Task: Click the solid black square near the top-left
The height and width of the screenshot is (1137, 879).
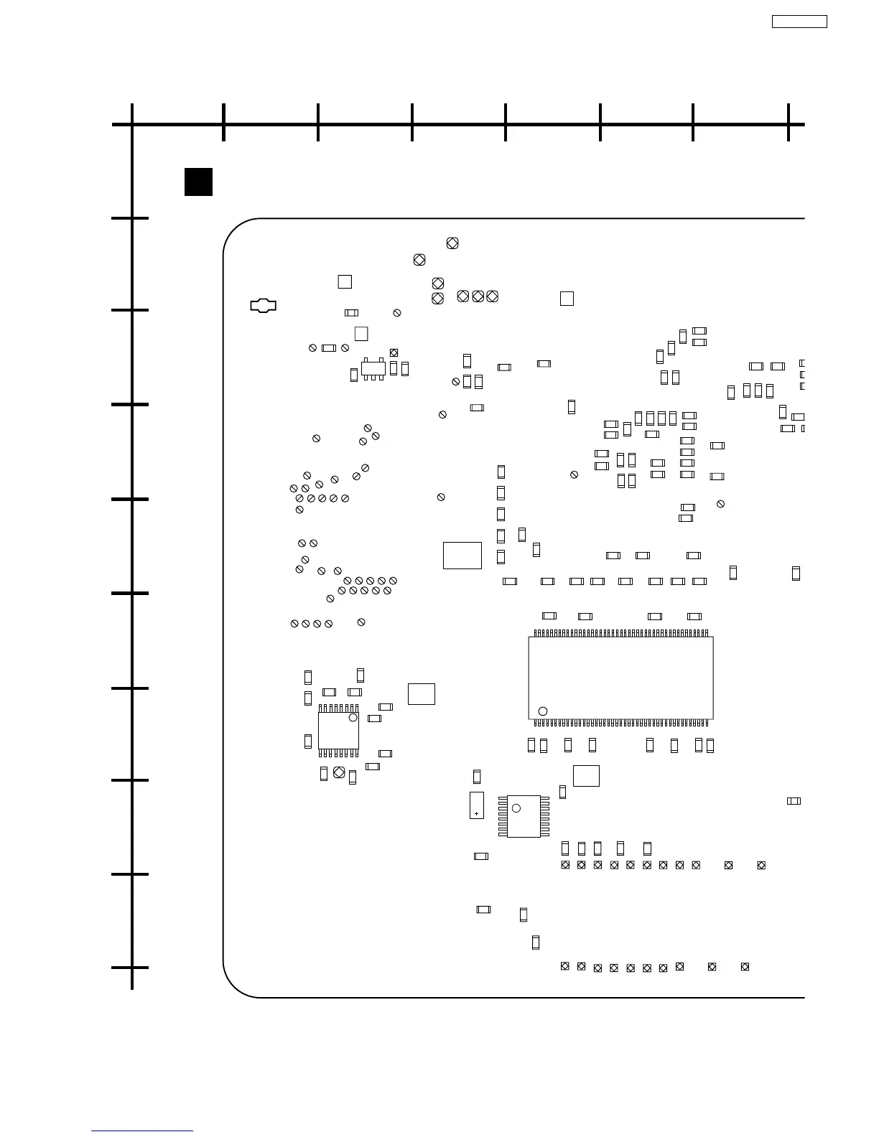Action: point(198,182)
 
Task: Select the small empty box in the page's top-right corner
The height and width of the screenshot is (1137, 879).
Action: point(799,22)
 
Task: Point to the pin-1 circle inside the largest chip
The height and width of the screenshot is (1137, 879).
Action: point(543,711)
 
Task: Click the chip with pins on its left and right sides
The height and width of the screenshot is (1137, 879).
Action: point(524,816)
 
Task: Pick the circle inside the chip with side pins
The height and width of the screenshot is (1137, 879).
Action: point(516,808)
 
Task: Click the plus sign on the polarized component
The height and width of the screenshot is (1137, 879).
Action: point(476,813)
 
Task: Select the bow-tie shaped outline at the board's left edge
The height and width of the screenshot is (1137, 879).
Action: point(264,305)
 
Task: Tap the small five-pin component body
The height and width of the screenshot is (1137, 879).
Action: point(373,368)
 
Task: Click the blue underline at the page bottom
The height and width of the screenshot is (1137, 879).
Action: point(142,1131)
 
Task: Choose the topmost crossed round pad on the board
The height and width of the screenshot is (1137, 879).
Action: point(452,243)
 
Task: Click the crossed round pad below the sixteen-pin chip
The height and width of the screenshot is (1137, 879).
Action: point(339,772)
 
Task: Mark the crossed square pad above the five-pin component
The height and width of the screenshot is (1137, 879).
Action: point(394,352)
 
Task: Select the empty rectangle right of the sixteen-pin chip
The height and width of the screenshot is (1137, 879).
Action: point(422,694)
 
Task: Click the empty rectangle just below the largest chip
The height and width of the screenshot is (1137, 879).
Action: point(586,776)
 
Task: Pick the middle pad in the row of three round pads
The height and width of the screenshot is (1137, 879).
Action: point(478,296)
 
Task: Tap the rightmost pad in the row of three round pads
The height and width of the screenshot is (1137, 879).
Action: point(492,296)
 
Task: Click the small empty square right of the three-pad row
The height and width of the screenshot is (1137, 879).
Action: point(567,299)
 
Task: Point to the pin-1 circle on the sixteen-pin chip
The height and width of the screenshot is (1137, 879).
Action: point(353,718)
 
